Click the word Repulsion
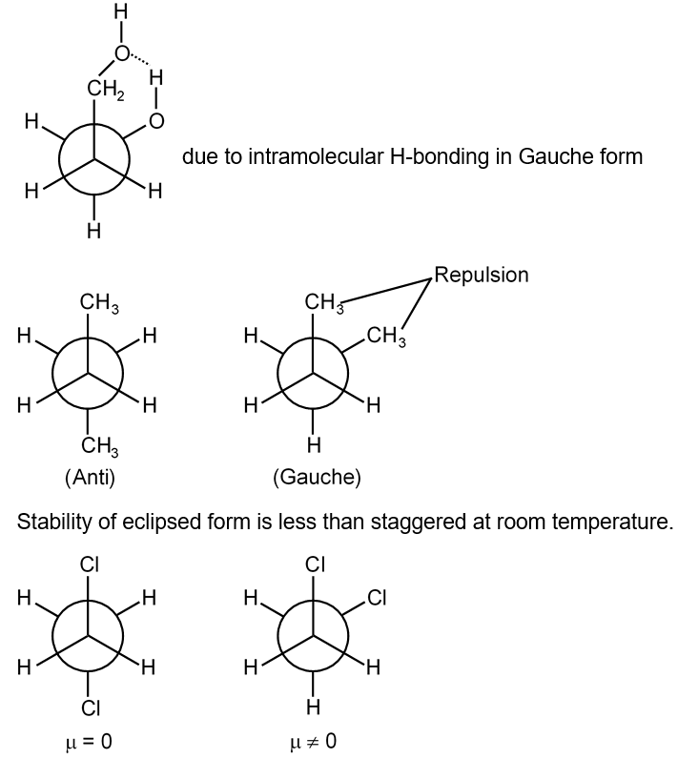(481, 275)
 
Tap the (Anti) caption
(90, 478)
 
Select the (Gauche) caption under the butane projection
(317, 478)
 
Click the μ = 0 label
(88, 741)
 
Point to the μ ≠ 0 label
(313, 741)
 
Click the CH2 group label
(106, 90)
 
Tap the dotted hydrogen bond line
(140, 59)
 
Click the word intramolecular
(315, 156)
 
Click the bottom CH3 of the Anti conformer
(100, 446)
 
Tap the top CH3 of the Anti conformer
(99, 303)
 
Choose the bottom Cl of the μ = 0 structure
(91, 708)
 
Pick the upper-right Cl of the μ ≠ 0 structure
(377, 598)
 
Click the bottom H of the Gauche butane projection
(314, 445)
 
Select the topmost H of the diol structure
(121, 13)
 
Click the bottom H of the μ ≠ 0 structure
(314, 708)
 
